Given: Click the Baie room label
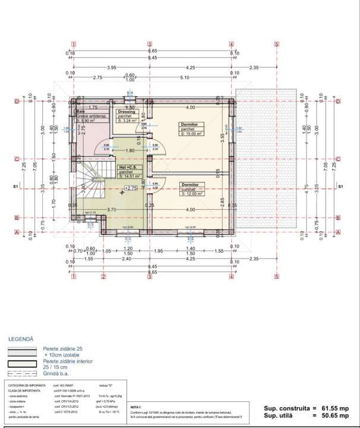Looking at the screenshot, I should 79,111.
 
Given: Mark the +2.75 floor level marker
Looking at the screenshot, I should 130,188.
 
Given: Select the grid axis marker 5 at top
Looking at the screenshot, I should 277,44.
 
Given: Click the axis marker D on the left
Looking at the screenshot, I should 17,102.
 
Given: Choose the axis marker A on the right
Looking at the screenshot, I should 337,232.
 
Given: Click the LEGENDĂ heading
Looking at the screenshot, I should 21,339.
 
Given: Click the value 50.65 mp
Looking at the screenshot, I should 337,417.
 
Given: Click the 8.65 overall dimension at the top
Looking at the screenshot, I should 152,52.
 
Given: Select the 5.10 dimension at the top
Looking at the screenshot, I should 184,78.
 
